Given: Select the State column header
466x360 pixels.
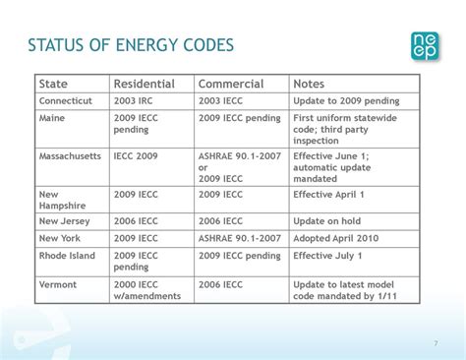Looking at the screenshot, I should coord(53,84).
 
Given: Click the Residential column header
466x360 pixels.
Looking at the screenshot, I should coord(144,84).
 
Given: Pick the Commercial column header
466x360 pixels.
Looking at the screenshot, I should coord(230,84).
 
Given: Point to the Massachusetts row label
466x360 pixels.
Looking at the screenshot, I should coord(70,156).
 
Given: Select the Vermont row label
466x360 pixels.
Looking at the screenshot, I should coord(58,283).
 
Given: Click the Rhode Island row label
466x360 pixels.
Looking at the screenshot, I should coord(67,255).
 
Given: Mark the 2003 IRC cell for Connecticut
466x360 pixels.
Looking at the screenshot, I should coord(136,100).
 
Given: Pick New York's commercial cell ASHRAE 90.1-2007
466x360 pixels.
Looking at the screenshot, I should coord(239,238).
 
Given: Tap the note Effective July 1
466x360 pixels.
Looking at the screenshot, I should coord(328,255).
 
